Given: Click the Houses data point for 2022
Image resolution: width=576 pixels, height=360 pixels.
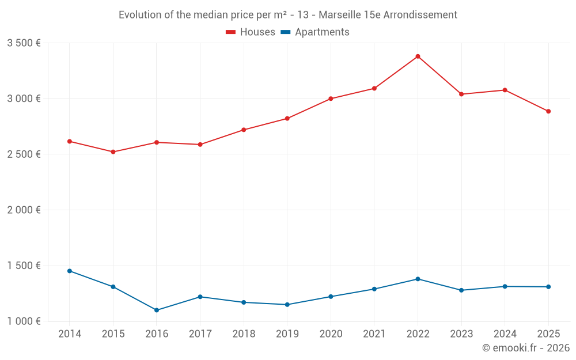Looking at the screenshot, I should coord(418,56).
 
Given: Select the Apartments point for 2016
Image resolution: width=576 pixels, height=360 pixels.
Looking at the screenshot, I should coord(157,310).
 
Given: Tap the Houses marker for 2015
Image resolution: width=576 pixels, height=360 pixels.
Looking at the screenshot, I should coord(113,152).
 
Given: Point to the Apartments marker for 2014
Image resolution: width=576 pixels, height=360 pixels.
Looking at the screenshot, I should coord(70,271).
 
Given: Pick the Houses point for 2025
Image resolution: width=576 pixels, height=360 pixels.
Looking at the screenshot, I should coord(548,111).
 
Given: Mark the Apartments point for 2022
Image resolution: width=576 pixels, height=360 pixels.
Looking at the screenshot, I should coord(418,279).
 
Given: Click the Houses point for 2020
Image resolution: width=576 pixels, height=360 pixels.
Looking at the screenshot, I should coord(331,98).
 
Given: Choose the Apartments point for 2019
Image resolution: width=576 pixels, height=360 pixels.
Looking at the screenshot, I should coord(287,305).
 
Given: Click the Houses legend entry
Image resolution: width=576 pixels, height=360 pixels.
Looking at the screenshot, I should coord(251,32).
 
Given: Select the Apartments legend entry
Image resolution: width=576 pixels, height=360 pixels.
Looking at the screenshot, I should coord(315,32).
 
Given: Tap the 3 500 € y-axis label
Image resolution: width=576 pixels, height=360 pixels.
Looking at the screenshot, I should coord(24,43).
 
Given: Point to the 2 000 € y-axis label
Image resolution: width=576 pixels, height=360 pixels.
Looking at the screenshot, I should coord(24,210).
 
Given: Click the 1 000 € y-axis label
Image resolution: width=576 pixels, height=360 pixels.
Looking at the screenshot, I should coord(24,321).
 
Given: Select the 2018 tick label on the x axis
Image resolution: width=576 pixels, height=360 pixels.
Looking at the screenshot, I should coord(244,334).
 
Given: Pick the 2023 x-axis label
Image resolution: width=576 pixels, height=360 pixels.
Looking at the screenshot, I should coord(461,334).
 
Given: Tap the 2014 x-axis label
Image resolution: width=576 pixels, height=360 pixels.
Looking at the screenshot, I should coord(70,334).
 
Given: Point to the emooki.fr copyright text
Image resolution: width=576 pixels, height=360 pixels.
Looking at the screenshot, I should coord(526,348).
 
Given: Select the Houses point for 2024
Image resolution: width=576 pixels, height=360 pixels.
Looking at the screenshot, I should coord(505,90).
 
